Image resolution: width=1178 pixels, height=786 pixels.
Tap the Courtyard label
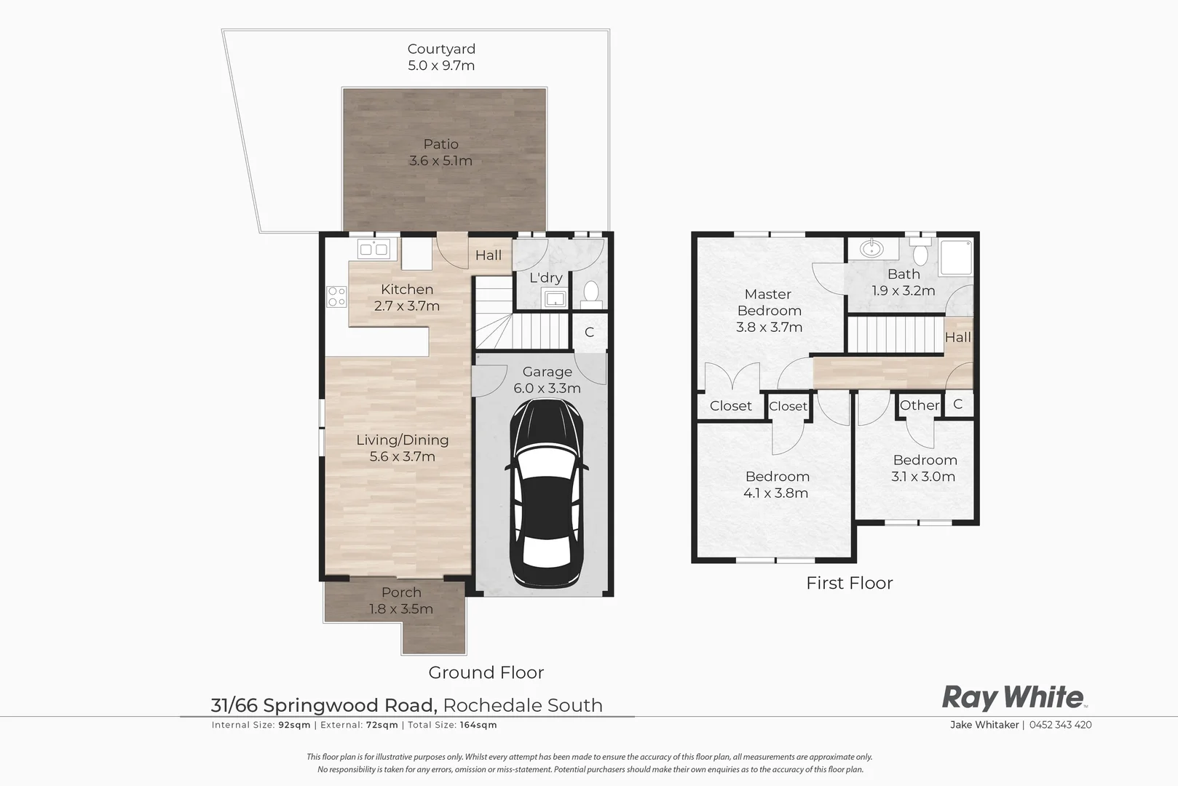(441, 49)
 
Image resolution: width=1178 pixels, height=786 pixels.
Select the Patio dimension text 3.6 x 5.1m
(440, 161)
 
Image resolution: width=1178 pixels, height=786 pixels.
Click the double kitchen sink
(374, 250)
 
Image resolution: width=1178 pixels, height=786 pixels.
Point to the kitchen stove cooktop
(336, 296)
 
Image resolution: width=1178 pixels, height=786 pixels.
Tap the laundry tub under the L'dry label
(555, 298)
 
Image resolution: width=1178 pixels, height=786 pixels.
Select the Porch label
(401, 592)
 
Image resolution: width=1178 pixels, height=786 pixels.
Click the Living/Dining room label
(402, 440)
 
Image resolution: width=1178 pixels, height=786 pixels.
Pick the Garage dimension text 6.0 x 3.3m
(547, 389)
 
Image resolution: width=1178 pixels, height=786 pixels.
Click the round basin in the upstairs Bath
(871, 250)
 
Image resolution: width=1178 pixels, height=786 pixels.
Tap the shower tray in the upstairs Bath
(955, 257)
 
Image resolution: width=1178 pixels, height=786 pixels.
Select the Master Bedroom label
(769, 302)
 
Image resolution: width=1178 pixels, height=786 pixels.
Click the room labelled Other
(919, 405)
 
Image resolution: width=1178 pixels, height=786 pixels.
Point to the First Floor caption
(849, 583)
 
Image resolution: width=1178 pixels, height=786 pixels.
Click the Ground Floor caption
(486, 672)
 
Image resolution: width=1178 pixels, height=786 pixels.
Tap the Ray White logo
(1013, 697)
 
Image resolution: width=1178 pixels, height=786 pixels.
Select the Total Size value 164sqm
(478, 725)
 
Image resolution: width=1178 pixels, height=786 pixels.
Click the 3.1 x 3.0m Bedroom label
(924, 477)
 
